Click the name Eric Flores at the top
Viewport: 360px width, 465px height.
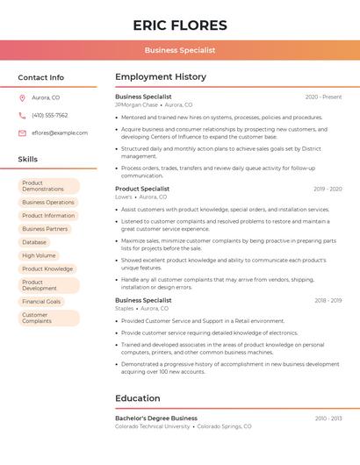180,25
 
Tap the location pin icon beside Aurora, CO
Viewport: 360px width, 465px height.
22,97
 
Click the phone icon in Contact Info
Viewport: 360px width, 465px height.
22,115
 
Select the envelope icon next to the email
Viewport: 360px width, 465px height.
22,132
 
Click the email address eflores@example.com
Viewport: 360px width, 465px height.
60,132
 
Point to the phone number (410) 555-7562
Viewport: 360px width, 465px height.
49,115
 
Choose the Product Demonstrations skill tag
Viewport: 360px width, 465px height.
48,186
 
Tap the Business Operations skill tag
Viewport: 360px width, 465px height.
48,203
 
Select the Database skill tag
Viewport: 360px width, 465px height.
34,242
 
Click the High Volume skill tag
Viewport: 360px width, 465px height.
39,255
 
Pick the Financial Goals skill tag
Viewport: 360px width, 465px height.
41,302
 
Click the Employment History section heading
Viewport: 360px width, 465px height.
161,77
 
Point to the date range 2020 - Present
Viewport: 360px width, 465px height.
323,97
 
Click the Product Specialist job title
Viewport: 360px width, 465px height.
142,189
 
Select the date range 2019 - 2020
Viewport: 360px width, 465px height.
328,189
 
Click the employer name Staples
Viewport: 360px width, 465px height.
125,308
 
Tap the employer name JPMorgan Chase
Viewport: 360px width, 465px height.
136,104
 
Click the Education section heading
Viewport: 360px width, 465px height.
138,398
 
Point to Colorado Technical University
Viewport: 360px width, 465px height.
153,426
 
